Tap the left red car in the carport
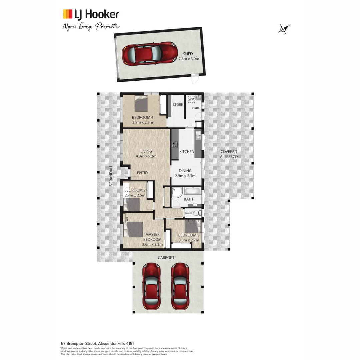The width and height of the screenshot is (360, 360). [152, 286]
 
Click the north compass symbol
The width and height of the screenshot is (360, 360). [283, 29]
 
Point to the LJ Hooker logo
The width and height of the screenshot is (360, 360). [91, 14]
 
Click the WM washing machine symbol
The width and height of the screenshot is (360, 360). [191, 99]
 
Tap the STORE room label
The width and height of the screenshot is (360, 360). [178, 105]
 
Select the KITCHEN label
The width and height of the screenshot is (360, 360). [187, 152]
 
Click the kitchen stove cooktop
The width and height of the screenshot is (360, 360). [174, 145]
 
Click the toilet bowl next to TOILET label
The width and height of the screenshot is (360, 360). [198, 213]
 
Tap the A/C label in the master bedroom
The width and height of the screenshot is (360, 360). [127, 219]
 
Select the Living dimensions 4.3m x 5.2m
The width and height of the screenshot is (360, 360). [146, 156]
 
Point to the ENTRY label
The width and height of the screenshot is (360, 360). [143, 173]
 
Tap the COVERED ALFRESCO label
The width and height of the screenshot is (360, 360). [229, 154]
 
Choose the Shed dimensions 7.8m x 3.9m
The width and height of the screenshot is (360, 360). [189, 59]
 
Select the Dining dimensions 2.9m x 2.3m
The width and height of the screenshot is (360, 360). [185, 176]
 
